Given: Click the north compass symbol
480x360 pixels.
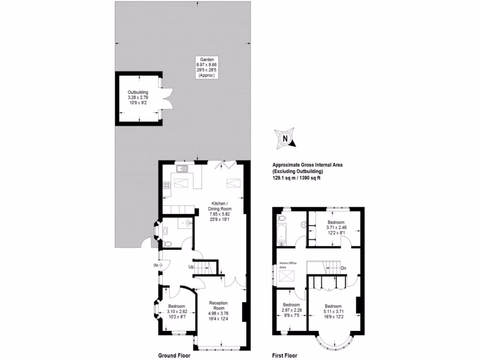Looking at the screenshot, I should [x=285, y=139].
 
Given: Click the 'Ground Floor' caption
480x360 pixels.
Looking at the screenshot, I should [x=174, y=355].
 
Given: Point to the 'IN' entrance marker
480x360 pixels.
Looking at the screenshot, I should [x=155, y=265].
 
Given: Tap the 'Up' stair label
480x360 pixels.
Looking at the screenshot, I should [x=191, y=267].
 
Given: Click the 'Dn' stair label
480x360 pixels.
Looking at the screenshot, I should [x=344, y=269].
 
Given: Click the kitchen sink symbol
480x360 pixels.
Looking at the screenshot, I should [x=181, y=168].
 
